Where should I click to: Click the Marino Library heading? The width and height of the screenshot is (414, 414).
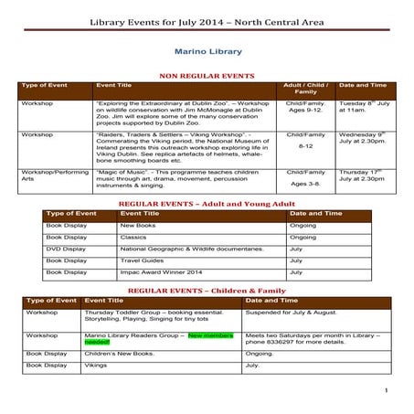[x=207, y=53]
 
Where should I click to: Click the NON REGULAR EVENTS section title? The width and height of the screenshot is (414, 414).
[x=206, y=79]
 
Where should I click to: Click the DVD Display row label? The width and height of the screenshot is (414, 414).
[x=68, y=248]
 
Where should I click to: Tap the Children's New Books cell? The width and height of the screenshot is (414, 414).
[x=119, y=352]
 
